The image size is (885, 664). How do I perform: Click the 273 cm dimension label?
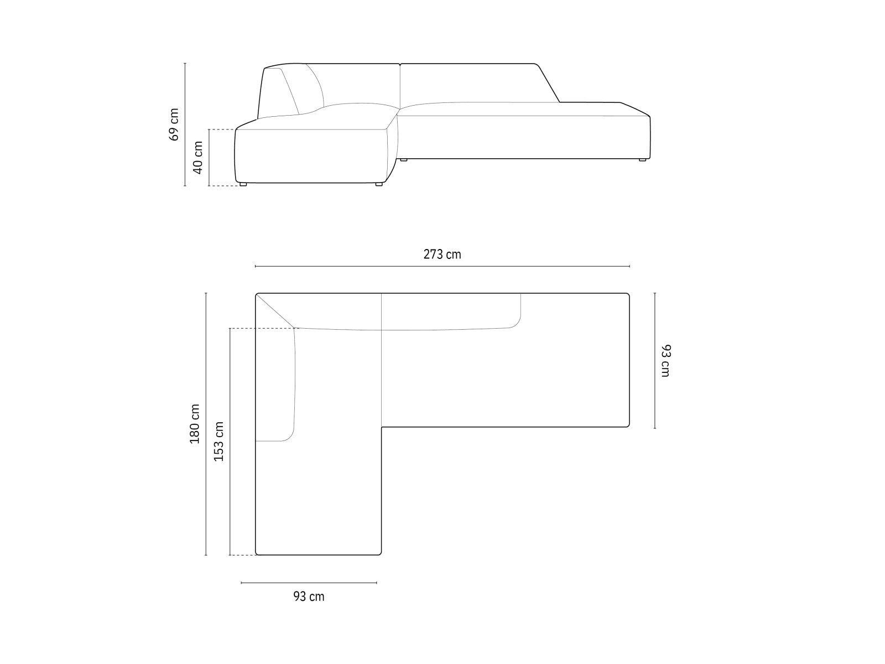click(442, 255)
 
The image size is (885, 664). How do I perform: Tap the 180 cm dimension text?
click(195, 423)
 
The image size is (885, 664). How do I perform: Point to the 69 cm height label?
click(174, 124)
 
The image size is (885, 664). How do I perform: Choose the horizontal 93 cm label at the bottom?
click(309, 596)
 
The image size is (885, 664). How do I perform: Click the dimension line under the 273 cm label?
click(442, 266)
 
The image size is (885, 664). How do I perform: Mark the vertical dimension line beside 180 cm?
click(206, 423)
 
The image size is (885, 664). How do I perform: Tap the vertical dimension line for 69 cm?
click(185, 124)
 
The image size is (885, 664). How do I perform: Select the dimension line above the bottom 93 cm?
click(309, 583)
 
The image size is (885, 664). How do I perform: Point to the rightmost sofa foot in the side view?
click(642, 160)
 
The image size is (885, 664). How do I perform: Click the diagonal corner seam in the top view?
click(275, 311)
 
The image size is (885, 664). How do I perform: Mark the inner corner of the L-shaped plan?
click(382, 427)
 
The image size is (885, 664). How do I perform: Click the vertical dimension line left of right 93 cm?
click(655, 360)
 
